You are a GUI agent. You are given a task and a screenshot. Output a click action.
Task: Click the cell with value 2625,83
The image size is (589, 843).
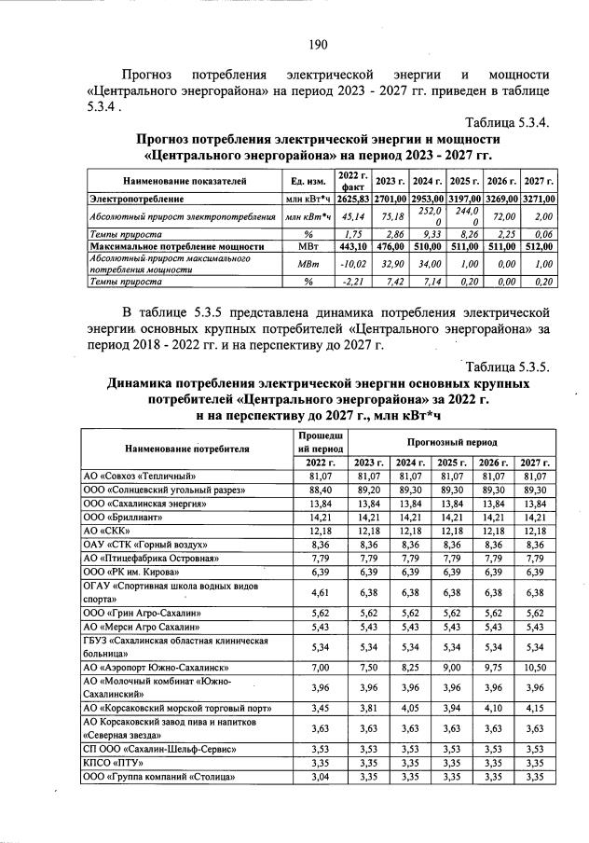pos(353,199)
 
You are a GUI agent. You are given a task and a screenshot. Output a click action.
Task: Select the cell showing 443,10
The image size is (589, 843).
pos(353,245)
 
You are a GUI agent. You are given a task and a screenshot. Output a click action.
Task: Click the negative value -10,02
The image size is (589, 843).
pos(353,263)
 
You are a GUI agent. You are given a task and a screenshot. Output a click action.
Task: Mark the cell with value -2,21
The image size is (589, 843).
pos(353,281)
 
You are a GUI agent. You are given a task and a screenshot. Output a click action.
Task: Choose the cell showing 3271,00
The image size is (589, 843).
pos(539,199)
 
